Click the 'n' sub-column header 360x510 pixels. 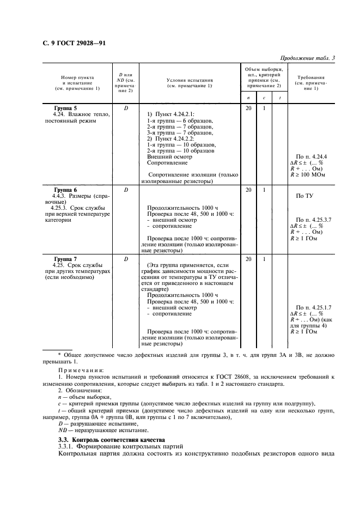pos(248,98)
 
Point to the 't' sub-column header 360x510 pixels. pos(279,98)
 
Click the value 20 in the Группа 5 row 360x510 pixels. pos(248,108)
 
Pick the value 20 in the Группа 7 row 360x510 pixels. pos(248,259)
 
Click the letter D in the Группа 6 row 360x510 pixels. pos(126,190)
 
